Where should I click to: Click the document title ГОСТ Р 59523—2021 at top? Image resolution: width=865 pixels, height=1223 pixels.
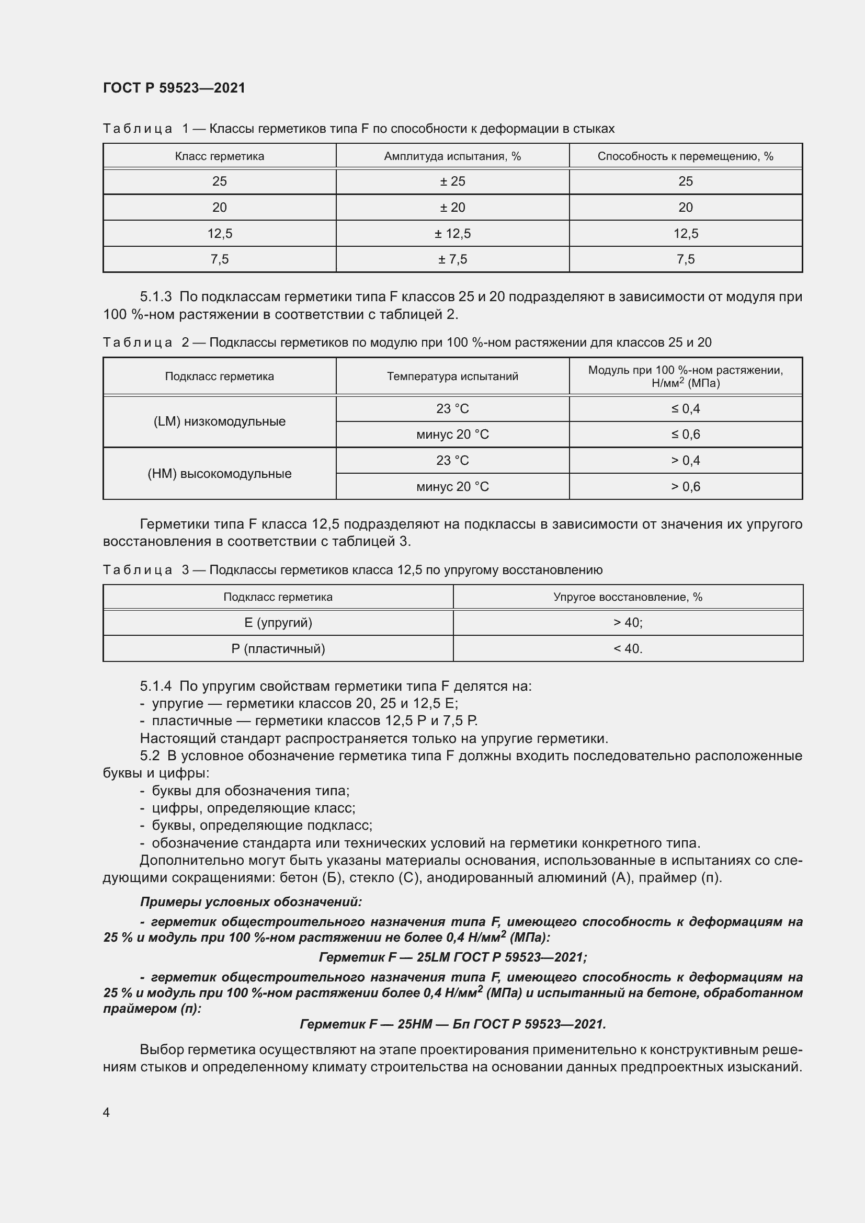(174, 88)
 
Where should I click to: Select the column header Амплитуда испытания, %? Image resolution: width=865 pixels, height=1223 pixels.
(452, 156)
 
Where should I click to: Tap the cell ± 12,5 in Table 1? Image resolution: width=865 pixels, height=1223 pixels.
(452, 233)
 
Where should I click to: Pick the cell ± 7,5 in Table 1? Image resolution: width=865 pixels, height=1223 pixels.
(452, 259)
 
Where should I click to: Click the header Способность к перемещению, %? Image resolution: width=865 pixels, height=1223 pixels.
(685, 156)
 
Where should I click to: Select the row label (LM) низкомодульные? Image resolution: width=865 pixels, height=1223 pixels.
(220, 421)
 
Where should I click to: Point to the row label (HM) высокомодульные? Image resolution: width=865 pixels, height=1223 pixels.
(220, 474)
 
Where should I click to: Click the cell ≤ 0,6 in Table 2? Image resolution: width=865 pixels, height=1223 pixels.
(685, 435)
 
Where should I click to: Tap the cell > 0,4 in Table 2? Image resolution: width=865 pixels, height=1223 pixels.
(685, 460)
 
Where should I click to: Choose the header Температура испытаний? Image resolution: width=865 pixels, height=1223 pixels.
(452, 376)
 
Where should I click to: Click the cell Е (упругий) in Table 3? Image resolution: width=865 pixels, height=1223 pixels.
(278, 623)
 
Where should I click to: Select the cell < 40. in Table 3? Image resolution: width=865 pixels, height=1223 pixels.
(628, 649)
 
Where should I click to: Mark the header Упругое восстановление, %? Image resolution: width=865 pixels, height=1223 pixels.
(628, 597)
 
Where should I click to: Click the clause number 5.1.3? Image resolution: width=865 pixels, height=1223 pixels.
(155, 296)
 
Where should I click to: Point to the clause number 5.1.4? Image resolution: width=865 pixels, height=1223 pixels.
(155, 686)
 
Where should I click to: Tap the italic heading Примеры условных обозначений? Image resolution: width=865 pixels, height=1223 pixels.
(251, 902)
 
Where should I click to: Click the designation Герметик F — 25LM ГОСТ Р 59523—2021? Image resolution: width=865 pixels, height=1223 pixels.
(453, 957)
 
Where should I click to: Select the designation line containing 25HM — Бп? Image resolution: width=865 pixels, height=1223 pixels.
(453, 1024)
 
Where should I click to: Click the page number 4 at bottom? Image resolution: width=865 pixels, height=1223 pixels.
(106, 1112)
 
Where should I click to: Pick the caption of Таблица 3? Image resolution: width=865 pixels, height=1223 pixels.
(352, 570)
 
